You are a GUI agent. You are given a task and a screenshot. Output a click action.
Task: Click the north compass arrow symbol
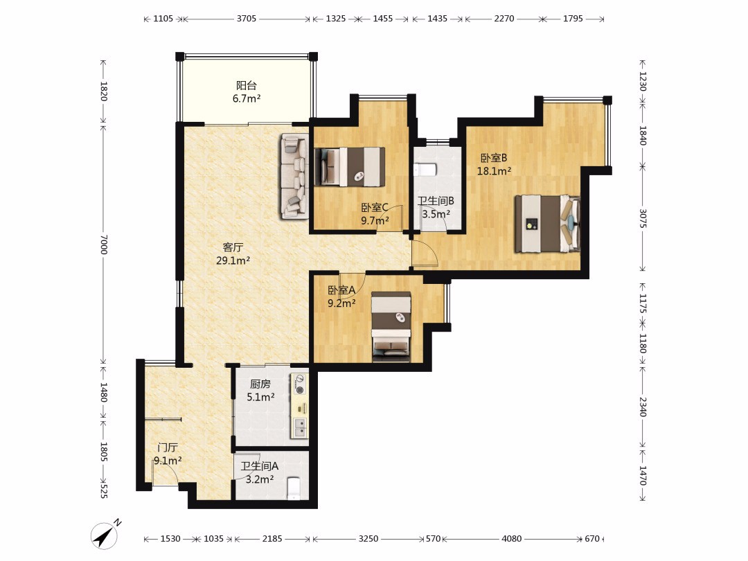(x=105, y=535)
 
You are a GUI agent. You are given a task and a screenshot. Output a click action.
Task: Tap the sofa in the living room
(x=295, y=176)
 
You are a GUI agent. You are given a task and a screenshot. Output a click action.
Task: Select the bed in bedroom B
(x=547, y=223)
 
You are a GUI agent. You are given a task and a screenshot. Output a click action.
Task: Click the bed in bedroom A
(x=391, y=326)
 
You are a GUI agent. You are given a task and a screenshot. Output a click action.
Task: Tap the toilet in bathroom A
(x=294, y=488)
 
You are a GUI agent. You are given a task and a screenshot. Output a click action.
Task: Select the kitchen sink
(x=300, y=427)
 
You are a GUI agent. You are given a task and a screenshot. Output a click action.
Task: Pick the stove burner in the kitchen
(x=300, y=384)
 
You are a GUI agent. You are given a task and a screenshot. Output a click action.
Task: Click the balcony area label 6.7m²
(x=246, y=99)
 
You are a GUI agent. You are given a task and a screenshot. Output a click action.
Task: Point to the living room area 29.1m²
(x=233, y=260)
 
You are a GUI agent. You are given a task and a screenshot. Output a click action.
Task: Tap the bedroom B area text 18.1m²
(x=495, y=171)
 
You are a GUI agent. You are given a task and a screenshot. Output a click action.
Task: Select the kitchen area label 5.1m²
(x=260, y=397)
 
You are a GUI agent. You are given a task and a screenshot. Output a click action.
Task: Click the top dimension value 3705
(x=247, y=19)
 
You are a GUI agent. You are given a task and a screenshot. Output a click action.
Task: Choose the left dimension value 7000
(x=104, y=244)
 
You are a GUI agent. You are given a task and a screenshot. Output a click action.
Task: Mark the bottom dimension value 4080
(x=511, y=539)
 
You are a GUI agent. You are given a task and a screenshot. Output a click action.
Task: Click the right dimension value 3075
(x=643, y=218)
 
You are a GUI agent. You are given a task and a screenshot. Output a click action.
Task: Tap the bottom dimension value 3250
(x=368, y=539)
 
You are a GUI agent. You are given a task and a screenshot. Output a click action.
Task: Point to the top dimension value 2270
(x=504, y=19)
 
